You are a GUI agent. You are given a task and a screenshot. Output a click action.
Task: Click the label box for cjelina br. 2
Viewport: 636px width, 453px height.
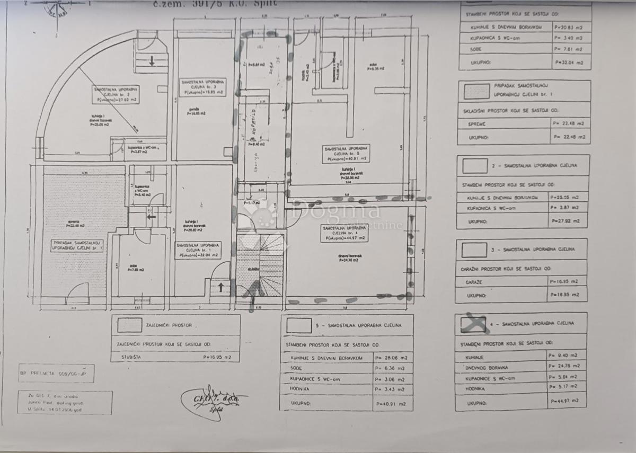tap(116, 94)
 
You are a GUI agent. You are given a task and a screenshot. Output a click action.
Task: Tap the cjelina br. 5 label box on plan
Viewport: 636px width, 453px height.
tap(348, 154)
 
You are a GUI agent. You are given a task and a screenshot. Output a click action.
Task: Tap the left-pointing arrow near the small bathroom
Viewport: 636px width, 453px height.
tap(151, 216)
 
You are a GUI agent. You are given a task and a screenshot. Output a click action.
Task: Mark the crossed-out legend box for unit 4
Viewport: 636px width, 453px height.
tap(473, 323)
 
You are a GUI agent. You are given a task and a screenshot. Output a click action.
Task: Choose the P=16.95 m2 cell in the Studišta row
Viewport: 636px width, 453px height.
tap(217, 357)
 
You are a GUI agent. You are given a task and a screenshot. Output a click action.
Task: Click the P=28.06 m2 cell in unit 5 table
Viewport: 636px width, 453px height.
tap(393, 358)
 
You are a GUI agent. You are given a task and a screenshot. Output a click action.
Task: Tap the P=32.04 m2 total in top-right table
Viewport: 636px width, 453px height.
tap(571, 62)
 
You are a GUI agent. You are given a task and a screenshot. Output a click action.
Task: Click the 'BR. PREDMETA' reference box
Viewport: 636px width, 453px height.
tap(56, 373)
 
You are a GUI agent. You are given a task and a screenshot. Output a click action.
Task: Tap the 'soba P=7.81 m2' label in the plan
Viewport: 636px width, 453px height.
tap(135, 269)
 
